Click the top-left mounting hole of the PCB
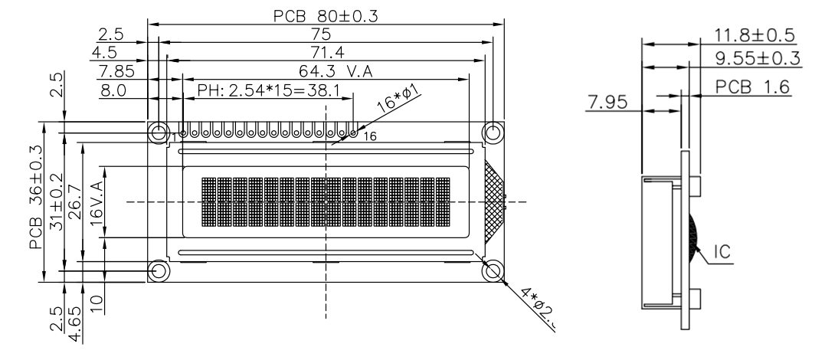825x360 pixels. coord(159,133)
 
